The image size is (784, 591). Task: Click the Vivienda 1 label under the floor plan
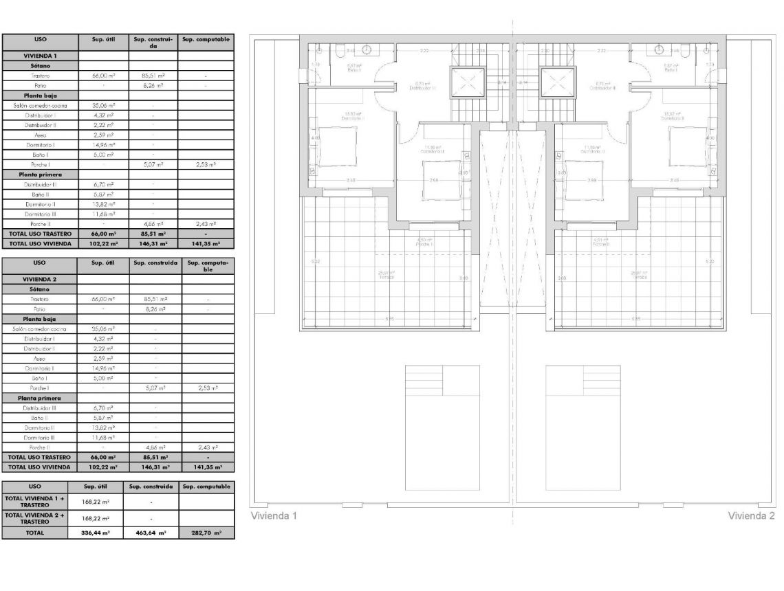click(x=273, y=515)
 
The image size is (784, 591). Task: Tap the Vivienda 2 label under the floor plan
click(x=751, y=515)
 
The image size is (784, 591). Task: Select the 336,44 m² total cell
click(x=98, y=533)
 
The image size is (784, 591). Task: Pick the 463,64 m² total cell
click(x=151, y=533)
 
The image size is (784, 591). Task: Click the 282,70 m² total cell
click(x=206, y=533)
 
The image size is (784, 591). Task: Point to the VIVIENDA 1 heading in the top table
click(x=41, y=56)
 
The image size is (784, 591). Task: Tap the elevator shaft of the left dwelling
click(x=468, y=84)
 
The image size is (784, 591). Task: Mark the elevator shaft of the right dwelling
click(x=558, y=84)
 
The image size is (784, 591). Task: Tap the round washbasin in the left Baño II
click(x=367, y=49)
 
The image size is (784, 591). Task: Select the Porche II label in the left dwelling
click(x=424, y=243)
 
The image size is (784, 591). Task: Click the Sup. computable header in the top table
click(x=205, y=41)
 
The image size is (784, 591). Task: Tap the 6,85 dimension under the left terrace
click(x=390, y=319)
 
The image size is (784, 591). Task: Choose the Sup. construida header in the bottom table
click(x=151, y=487)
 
